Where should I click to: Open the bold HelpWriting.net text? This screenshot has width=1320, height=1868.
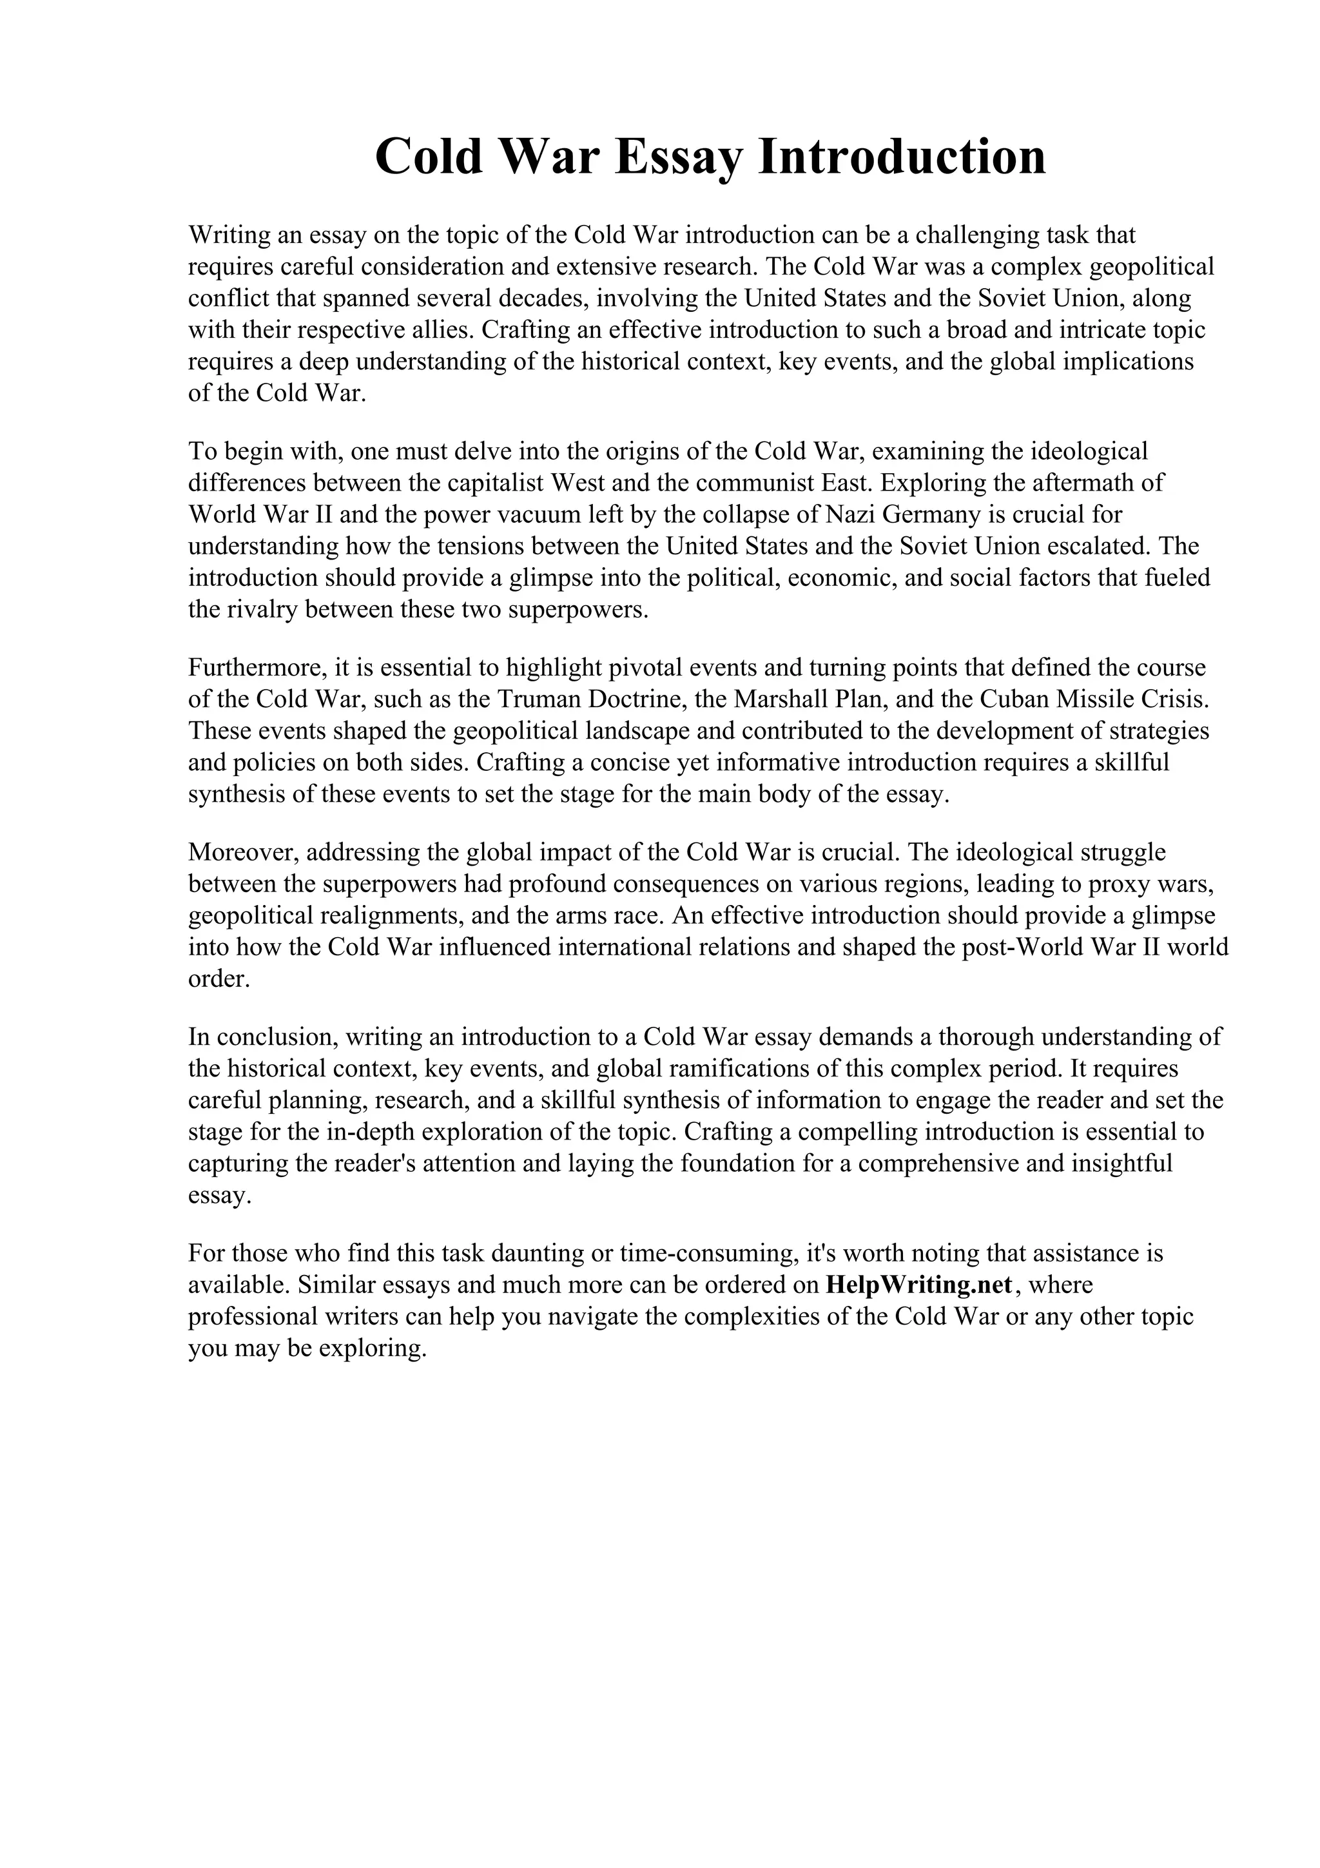pos(919,1285)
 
